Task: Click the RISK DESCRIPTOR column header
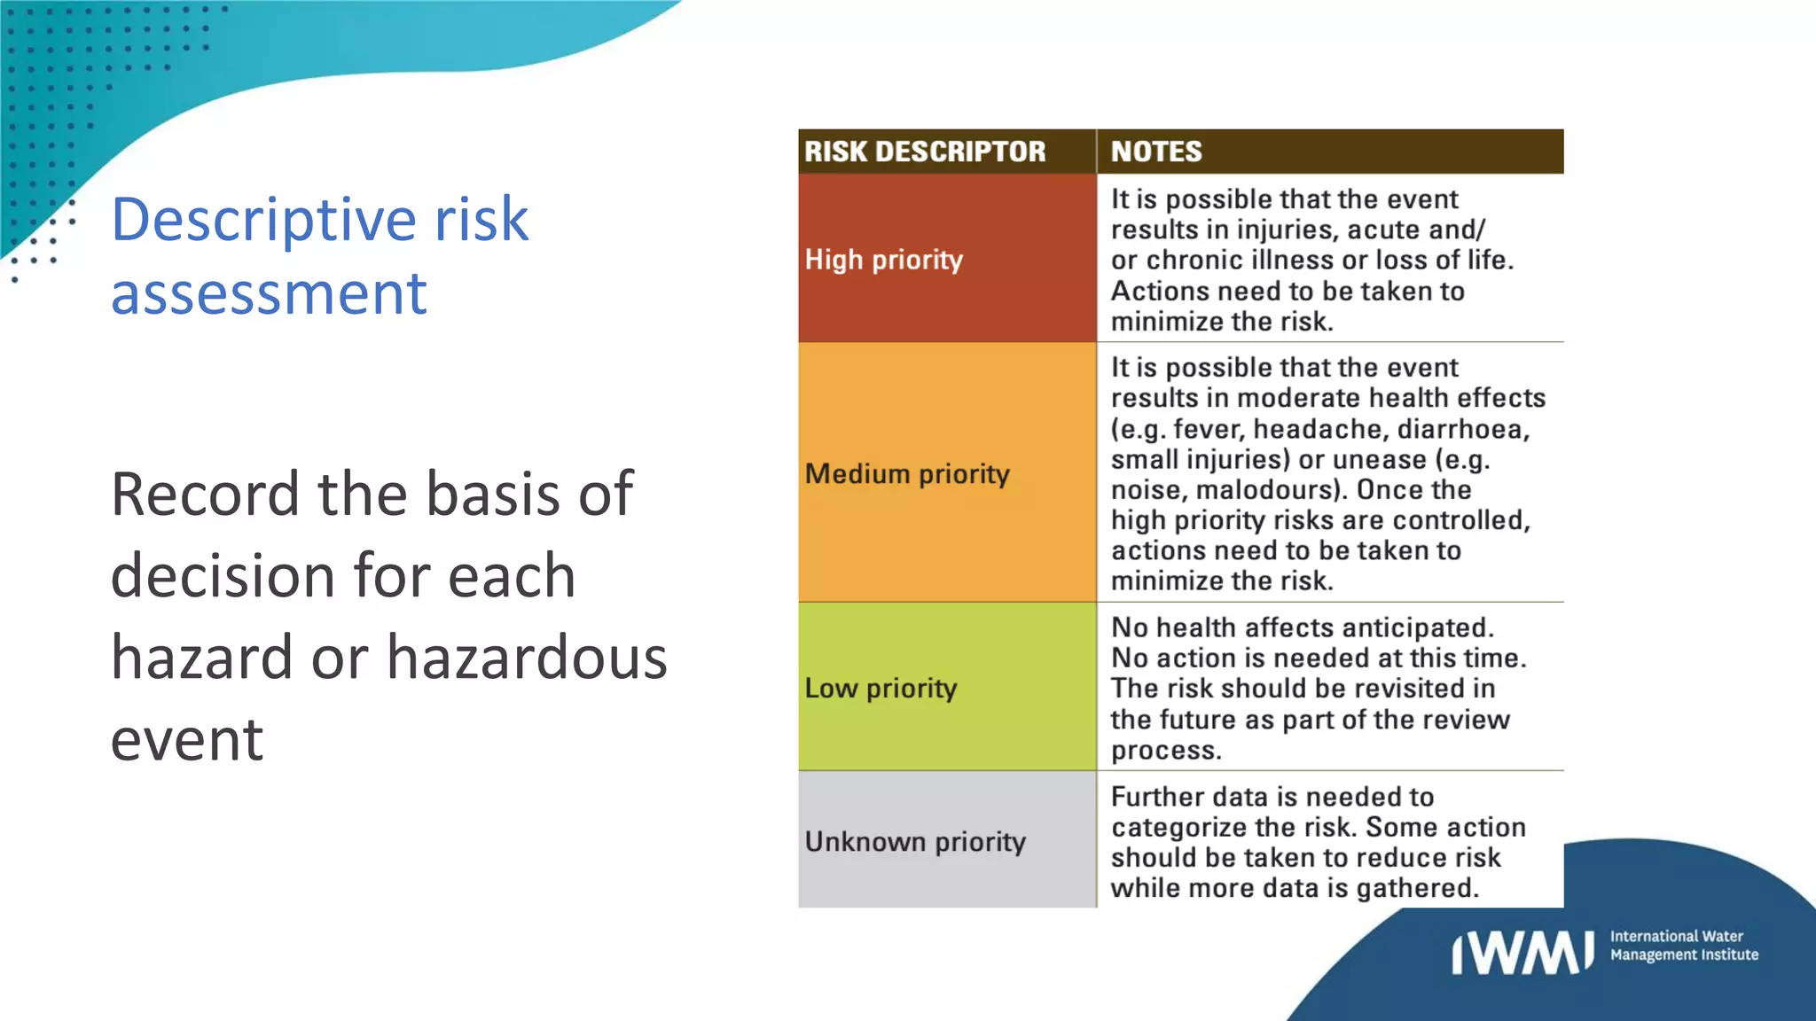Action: (x=925, y=152)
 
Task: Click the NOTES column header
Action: (x=1156, y=152)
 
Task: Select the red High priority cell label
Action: (x=883, y=260)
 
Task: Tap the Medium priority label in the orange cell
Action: (x=907, y=474)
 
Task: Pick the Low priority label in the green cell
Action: (x=881, y=689)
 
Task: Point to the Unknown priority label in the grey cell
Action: (x=915, y=841)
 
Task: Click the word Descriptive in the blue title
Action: (x=263, y=221)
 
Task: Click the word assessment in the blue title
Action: (x=269, y=293)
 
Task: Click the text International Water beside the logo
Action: (x=1676, y=936)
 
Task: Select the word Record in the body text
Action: (x=205, y=494)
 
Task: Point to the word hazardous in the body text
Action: (x=527, y=659)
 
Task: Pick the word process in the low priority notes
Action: (x=1165, y=751)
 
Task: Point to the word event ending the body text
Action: (x=187, y=740)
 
